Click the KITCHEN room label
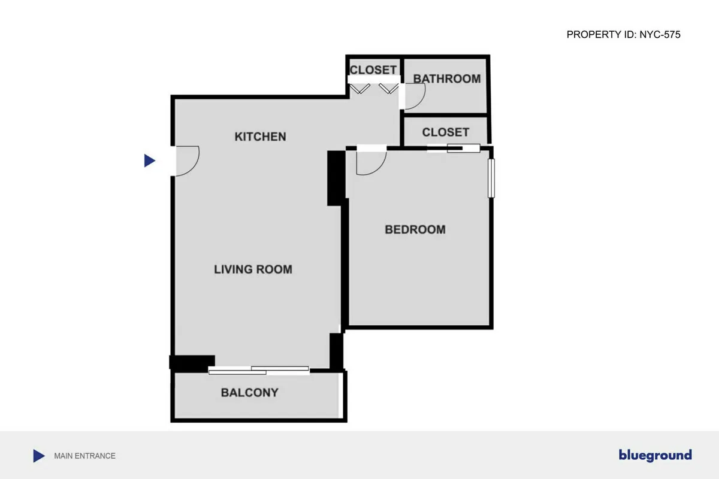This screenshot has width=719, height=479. click(x=260, y=137)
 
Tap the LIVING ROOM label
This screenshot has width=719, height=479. click(x=253, y=269)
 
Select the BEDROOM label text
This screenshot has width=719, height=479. click(x=415, y=229)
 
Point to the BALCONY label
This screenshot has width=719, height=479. click(x=249, y=393)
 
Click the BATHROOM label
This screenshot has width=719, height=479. click(x=447, y=78)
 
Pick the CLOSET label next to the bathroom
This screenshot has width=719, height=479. click(x=373, y=70)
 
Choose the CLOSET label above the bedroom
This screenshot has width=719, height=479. click(x=445, y=132)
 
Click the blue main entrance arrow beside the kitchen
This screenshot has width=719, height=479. click(x=149, y=160)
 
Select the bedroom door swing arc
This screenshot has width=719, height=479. click(x=370, y=163)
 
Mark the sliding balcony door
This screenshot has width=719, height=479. click(x=259, y=370)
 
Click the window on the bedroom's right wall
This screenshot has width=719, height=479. click(x=491, y=178)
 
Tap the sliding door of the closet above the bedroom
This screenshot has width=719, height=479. click(x=454, y=148)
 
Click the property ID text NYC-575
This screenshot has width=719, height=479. click(x=623, y=35)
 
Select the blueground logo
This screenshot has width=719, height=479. click(x=655, y=456)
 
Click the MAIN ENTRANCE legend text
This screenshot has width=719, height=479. click(x=84, y=456)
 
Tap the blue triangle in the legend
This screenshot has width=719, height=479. click(x=38, y=456)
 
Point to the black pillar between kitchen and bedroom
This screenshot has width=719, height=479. click(x=336, y=178)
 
